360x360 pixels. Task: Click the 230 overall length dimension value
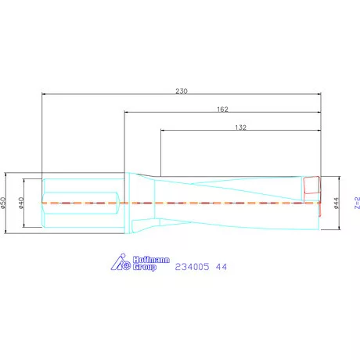(182, 91)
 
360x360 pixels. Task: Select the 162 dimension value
(222, 109)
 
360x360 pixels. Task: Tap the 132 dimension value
(241, 127)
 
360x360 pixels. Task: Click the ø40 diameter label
(22, 203)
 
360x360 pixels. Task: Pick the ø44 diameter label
(337, 203)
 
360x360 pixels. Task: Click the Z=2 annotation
(355, 203)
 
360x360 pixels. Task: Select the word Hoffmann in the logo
(141, 259)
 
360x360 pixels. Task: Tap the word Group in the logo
(142, 267)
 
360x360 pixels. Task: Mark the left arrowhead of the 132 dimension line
(163, 132)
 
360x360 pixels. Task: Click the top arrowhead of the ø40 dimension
(26, 181)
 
